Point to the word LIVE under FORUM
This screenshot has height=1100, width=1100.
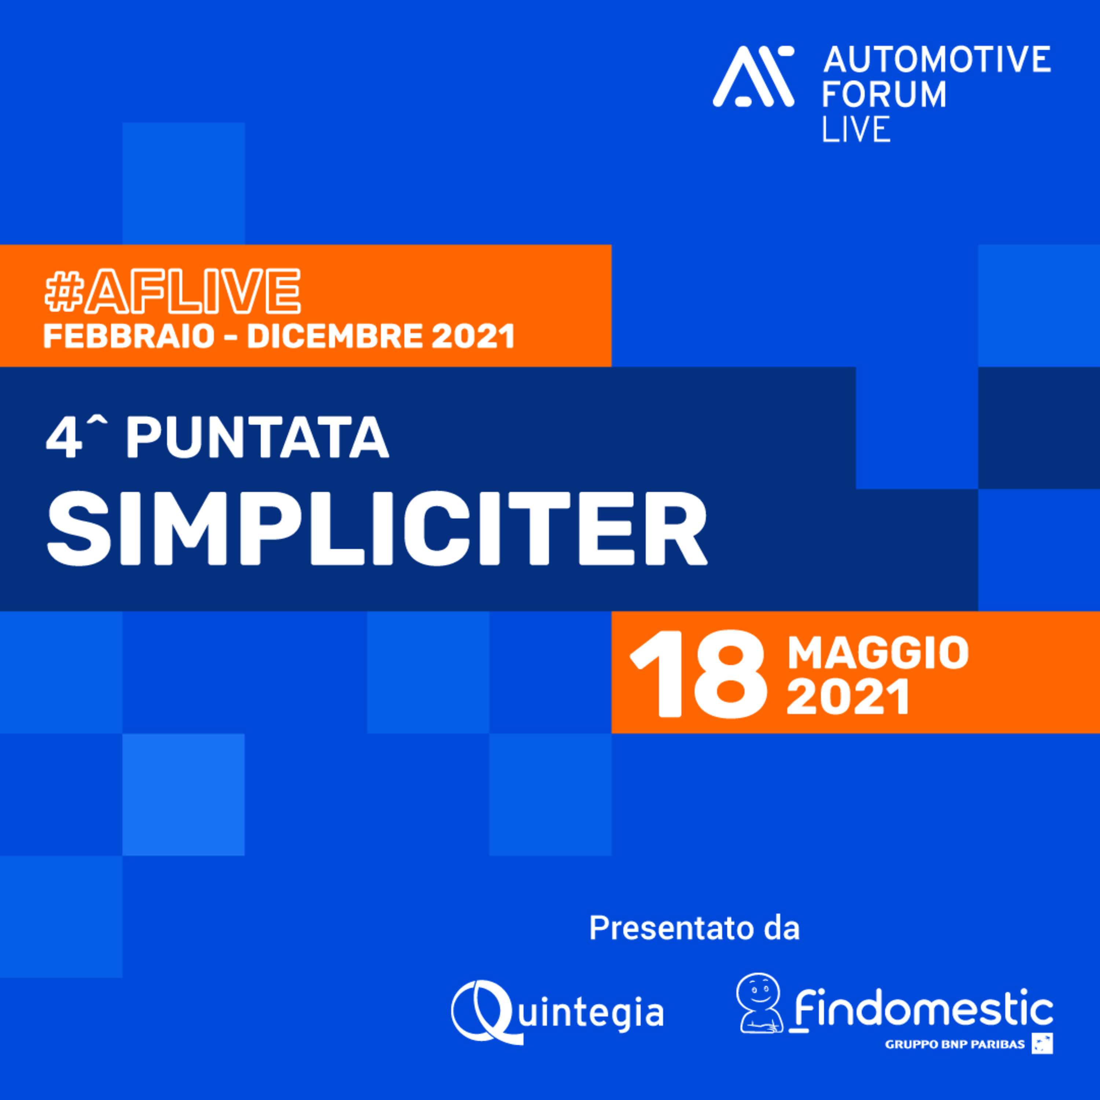pyautogui.click(x=856, y=129)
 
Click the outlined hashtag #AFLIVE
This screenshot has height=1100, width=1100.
pyautogui.click(x=172, y=290)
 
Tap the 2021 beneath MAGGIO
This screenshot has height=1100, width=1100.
pyautogui.click(x=848, y=698)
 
